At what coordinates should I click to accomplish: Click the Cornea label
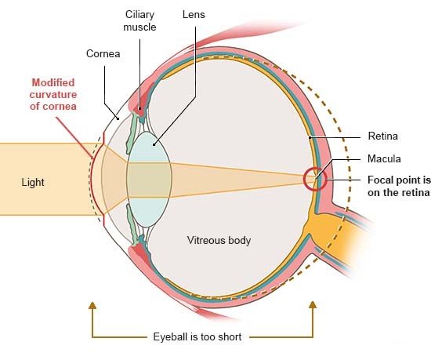[103, 53]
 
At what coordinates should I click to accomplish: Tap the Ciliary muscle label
[139, 21]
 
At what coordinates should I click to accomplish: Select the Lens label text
[194, 15]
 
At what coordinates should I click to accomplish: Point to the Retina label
[383, 136]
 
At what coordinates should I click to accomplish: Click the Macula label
[384, 158]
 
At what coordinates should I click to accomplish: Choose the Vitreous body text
[219, 240]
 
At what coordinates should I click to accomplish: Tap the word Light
[33, 182]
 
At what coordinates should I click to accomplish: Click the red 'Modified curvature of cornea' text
[53, 94]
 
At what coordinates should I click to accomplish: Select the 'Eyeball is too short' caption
[197, 336]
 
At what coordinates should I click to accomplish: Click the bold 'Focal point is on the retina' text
[399, 186]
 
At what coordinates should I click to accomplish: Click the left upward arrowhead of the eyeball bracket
[92, 305]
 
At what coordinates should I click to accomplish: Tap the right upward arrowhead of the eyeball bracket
[313, 305]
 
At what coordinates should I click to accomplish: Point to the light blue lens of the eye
[149, 179]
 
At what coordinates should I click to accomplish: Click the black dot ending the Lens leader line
[154, 144]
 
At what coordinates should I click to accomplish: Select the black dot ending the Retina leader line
[310, 137]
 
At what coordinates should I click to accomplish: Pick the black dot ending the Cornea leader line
[118, 118]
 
